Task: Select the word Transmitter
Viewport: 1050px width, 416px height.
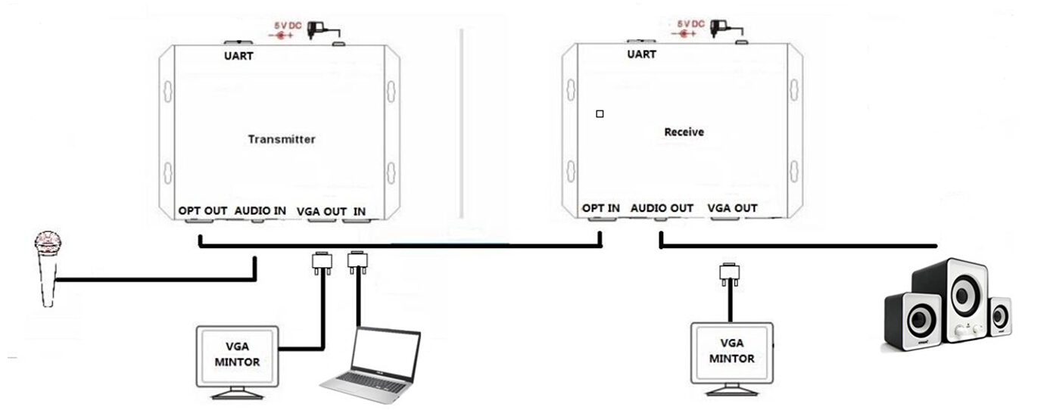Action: pos(281,139)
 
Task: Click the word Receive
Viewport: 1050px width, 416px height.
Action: pos(684,132)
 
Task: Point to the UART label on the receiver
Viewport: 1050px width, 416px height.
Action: pos(641,54)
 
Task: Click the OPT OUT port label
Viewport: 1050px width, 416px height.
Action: pos(202,210)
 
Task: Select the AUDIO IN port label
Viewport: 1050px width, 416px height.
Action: pos(260,210)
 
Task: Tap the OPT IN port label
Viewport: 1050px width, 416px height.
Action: pos(601,208)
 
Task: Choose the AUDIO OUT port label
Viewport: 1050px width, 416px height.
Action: pos(662,208)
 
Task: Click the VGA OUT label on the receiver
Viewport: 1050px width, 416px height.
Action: pos(732,208)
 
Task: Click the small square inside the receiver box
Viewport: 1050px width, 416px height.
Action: pos(600,114)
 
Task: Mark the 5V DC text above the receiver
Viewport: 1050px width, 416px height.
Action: pos(690,25)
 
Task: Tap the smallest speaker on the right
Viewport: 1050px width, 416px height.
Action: pos(999,316)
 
